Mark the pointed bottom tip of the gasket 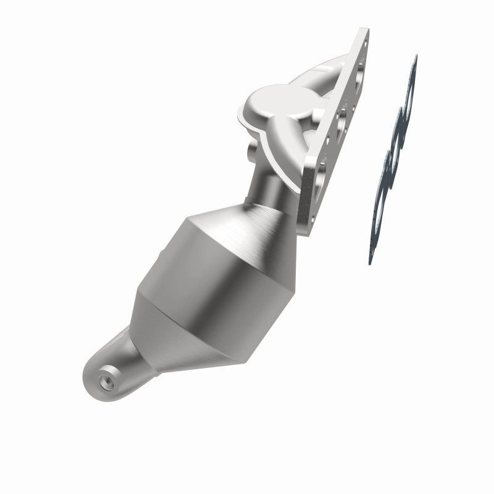371,262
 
